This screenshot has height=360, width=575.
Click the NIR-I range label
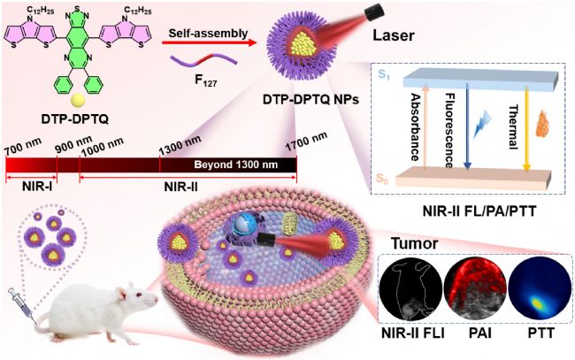click(36, 188)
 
